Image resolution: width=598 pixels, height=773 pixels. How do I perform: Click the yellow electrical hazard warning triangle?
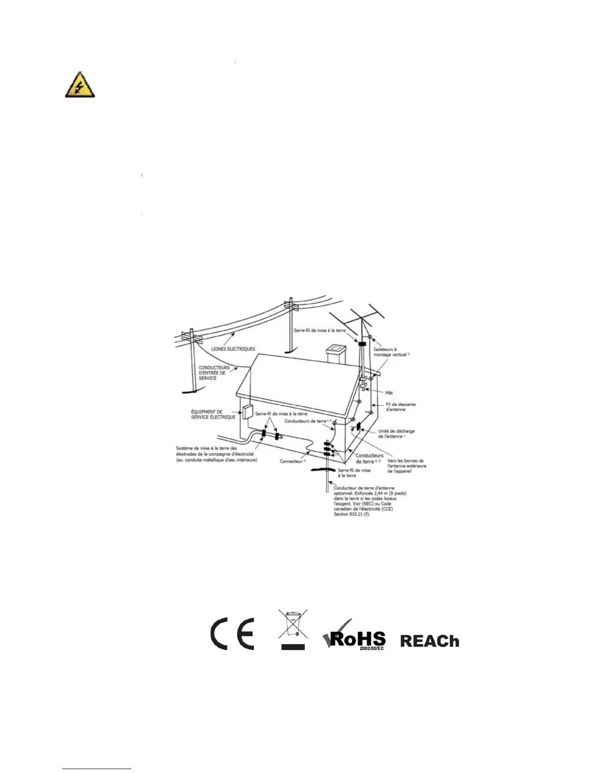coord(80,85)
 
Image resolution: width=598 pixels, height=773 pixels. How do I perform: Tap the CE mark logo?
coord(232,634)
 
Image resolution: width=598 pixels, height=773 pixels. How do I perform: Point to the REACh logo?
coord(429,641)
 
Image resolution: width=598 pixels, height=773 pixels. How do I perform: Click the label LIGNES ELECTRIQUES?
coord(233,349)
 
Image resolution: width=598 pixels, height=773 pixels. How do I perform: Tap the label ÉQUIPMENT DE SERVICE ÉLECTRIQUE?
coord(213,414)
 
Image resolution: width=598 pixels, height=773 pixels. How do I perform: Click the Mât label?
coord(389,392)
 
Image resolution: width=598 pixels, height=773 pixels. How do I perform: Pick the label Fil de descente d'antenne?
coord(401,407)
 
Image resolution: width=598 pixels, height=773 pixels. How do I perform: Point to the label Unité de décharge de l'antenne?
coord(396,433)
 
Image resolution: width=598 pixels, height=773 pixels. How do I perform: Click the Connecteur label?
coord(292,461)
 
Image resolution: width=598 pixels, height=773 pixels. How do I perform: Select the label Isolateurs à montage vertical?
coord(390,352)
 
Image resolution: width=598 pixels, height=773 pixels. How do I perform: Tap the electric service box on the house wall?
coord(248,411)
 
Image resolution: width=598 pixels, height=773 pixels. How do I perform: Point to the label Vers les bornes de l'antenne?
coord(406,466)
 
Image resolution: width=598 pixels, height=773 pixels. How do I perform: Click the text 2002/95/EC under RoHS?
coord(371,648)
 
